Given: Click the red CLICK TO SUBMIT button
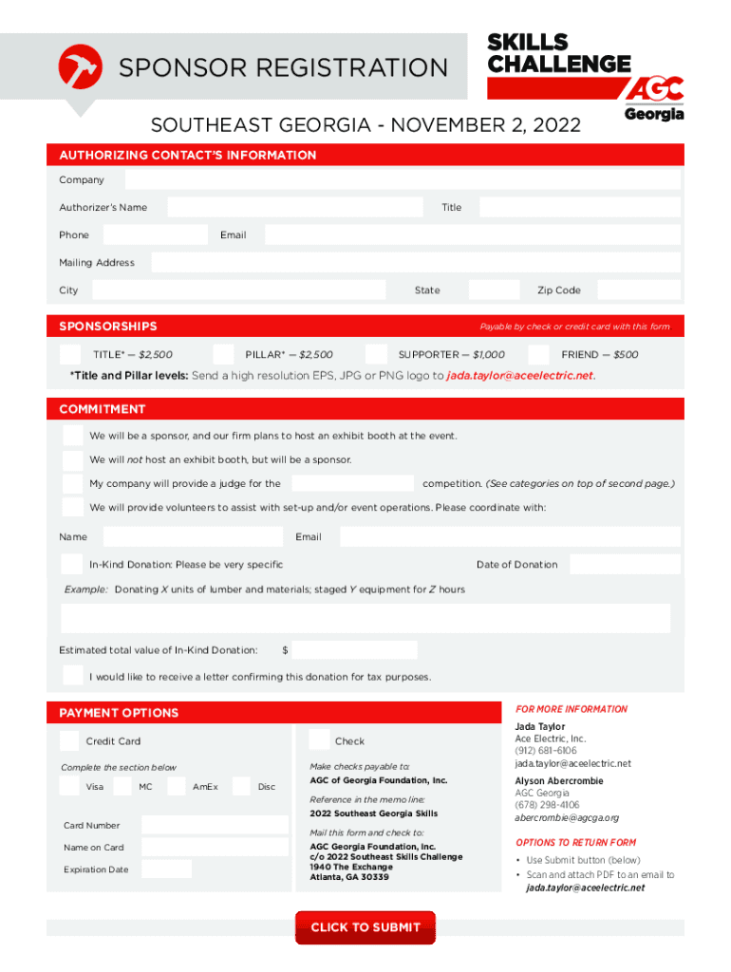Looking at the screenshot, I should point(365,927).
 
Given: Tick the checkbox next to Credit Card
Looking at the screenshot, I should point(69,740).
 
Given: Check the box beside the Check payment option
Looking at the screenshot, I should point(319,740).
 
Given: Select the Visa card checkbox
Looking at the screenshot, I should point(69,786).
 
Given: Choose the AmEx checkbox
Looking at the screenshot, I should point(177,786).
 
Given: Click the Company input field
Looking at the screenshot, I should point(403,180).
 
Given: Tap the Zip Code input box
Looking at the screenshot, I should point(639,290).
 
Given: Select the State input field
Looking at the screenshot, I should point(494,290).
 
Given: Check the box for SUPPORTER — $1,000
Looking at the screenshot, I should point(376,354).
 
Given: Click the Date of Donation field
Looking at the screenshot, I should point(625,565).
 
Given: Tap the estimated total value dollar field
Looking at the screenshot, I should point(355,650).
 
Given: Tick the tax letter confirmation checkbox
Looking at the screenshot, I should point(73,676).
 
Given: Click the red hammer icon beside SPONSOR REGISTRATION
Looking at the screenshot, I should point(81,66).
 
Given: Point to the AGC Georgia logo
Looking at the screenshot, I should point(654,99).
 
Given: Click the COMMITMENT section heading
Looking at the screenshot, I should point(103,409).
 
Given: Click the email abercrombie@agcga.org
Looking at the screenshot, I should point(567,817).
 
